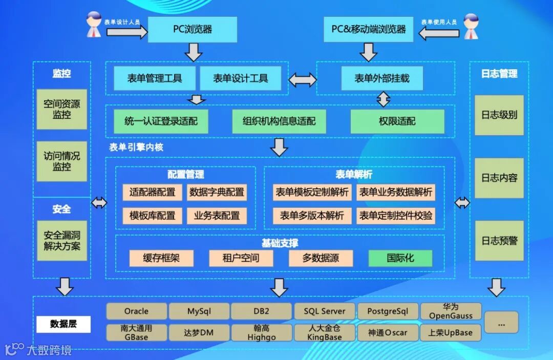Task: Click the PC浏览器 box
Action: tap(193, 29)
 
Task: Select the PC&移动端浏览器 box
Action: tap(369, 29)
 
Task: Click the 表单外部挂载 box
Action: tap(382, 79)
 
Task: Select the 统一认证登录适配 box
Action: tap(161, 121)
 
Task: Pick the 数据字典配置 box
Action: tap(217, 192)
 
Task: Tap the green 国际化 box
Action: tap(400, 258)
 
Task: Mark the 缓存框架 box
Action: tap(161, 258)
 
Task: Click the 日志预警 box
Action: tap(499, 240)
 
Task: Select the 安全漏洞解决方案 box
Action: tap(62, 241)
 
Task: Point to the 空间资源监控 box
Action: tap(62, 109)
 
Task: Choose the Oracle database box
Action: tap(137, 311)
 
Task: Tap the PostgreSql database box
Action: tap(388, 311)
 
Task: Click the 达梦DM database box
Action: tap(199, 332)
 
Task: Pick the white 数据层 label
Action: tap(63, 324)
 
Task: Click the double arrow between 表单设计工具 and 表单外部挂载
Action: tap(303, 79)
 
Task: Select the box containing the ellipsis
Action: tap(501, 322)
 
